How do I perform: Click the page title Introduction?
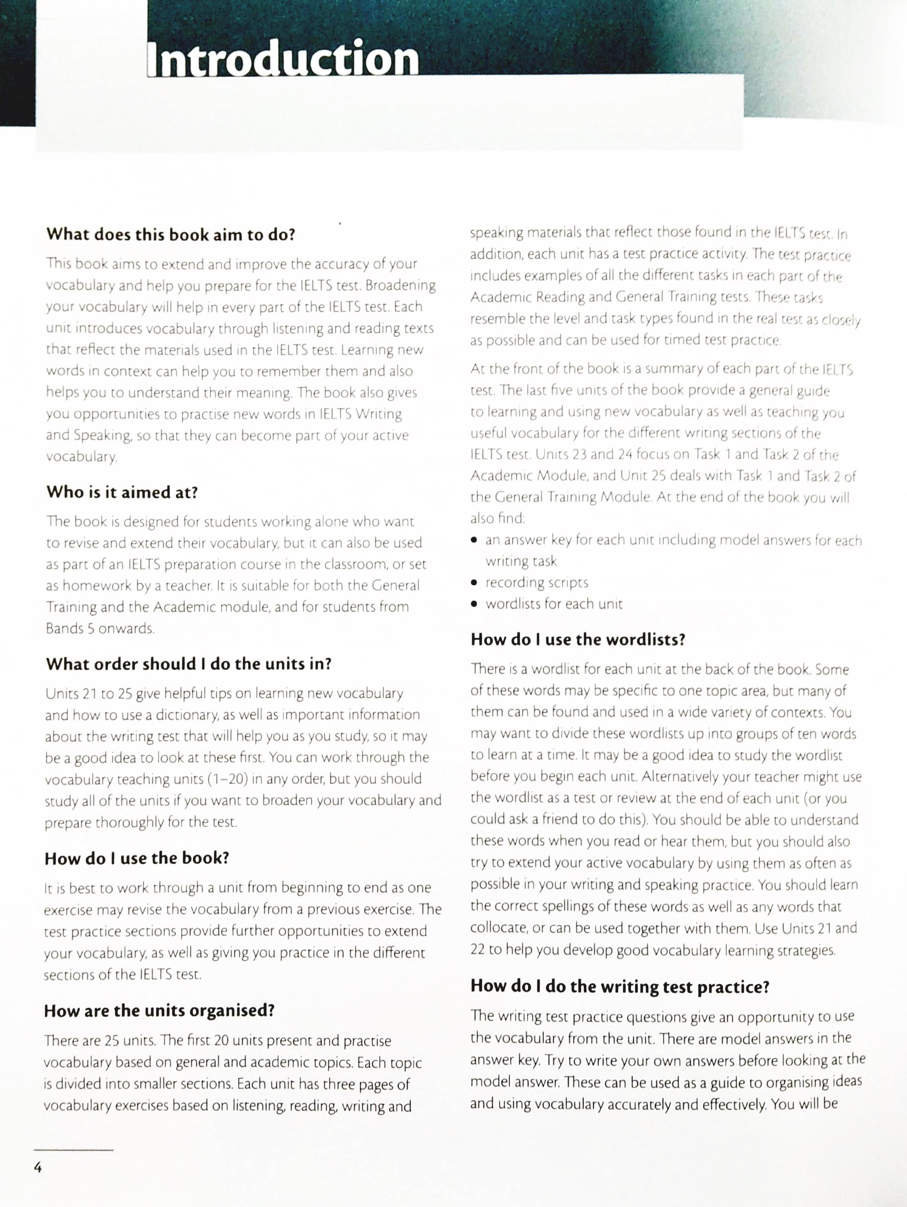click(x=283, y=59)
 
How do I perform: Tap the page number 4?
click(x=38, y=1168)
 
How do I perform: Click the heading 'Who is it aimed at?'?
click(x=122, y=492)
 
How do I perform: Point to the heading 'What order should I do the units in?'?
click(x=188, y=664)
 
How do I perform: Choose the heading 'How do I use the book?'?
click(x=136, y=858)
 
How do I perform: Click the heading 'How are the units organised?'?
click(x=159, y=1011)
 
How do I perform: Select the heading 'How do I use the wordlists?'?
click(x=577, y=639)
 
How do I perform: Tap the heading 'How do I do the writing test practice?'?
click(x=619, y=986)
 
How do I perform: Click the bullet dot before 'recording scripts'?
click(x=474, y=583)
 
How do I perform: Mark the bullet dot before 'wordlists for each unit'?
click(x=474, y=604)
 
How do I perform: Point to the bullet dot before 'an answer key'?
click(x=474, y=541)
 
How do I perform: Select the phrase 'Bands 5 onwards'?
click(x=100, y=628)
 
